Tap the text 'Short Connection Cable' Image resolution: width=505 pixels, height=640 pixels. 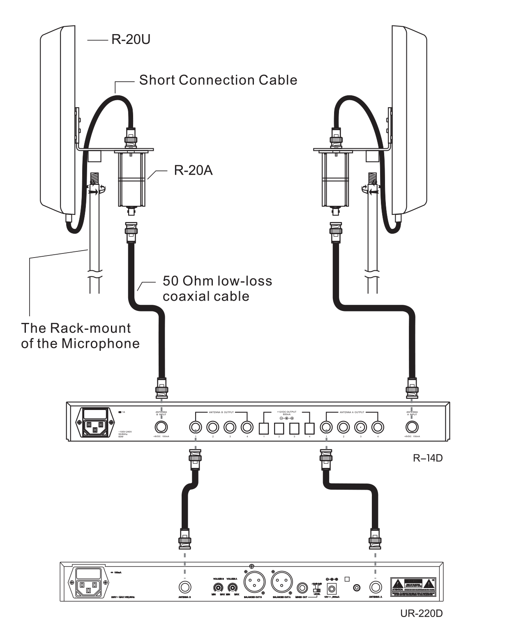click(218, 80)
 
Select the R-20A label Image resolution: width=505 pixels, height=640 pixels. click(193, 170)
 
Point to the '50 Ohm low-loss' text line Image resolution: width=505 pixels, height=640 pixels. click(217, 281)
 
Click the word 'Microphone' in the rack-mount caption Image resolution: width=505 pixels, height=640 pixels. click(100, 343)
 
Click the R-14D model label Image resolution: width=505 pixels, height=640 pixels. click(427, 458)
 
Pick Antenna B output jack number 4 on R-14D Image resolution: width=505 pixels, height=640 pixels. click(247, 428)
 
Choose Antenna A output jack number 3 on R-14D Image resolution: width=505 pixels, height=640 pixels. click(360, 428)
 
